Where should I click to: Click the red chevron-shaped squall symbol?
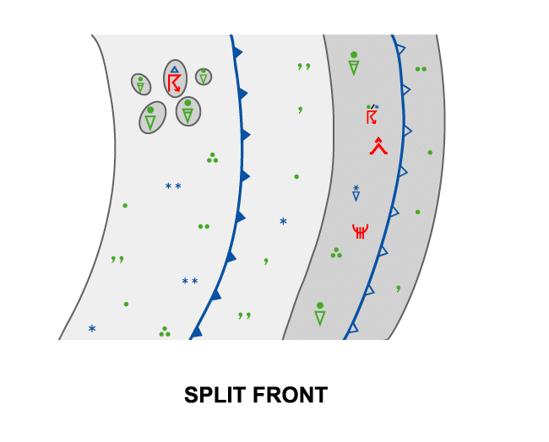click(378, 146)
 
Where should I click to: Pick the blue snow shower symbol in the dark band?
click(356, 193)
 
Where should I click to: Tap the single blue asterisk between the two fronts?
click(283, 222)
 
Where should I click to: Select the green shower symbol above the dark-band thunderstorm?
click(354, 64)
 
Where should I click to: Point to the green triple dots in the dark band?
click(336, 252)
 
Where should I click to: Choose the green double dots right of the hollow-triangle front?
click(421, 69)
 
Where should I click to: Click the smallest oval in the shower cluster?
click(204, 77)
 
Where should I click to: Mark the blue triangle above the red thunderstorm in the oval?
click(175, 70)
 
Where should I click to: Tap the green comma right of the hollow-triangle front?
click(399, 288)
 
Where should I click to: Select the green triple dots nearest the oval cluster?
click(212, 158)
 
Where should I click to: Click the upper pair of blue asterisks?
click(173, 186)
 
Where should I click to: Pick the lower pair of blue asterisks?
click(190, 281)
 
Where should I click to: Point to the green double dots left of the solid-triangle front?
click(204, 226)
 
